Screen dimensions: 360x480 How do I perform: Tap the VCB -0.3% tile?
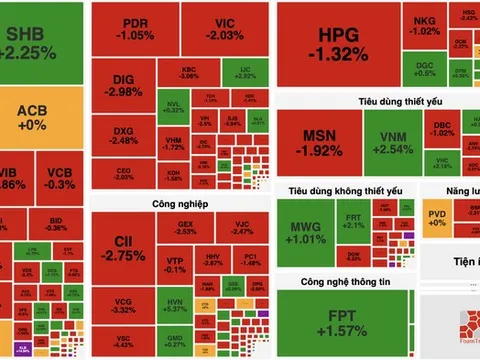[59, 178]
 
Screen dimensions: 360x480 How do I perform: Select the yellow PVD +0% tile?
[437, 215]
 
